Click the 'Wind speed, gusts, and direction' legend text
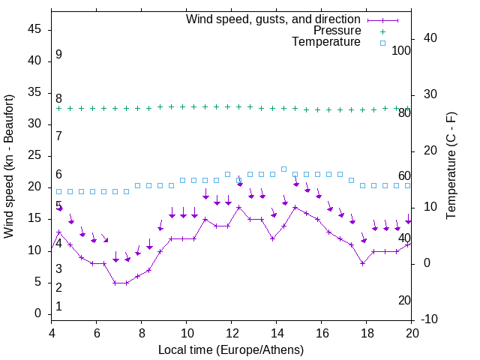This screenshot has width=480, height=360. pos(274,19)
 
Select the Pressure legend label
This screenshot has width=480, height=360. pos(337,31)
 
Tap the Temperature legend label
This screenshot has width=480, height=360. pos(326,42)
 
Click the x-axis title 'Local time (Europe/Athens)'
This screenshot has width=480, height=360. pos(231,349)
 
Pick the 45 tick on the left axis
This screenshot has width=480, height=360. pos(34,29)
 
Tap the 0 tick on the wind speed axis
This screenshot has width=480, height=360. pos(38,313)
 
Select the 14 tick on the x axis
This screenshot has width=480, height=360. pos(277,333)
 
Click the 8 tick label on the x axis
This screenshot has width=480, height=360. pos(142,333)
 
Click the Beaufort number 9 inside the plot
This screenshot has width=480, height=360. pos(58,55)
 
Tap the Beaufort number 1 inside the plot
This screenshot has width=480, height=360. pos(58,306)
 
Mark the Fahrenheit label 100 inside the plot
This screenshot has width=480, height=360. pos(401,50)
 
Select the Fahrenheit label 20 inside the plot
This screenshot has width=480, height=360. pos(404,300)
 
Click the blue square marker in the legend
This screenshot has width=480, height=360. pos(382,43)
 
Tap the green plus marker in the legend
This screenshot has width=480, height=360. pos(382,31)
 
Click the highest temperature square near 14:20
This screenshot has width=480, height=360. pos(283,169)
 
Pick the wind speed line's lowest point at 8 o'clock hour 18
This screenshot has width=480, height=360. pos(362,263)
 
